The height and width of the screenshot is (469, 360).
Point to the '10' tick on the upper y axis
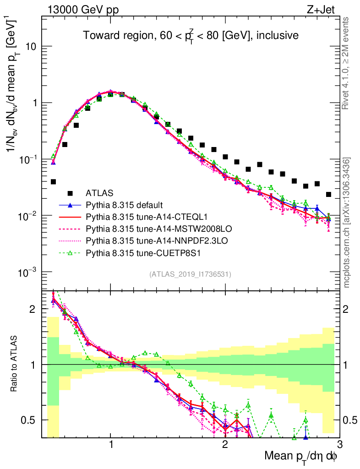coord(31,47)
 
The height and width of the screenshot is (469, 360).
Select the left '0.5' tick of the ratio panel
coord(31,420)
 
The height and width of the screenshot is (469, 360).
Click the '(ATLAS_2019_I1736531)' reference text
coord(190,274)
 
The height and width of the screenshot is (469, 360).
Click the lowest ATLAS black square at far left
coord(53,182)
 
